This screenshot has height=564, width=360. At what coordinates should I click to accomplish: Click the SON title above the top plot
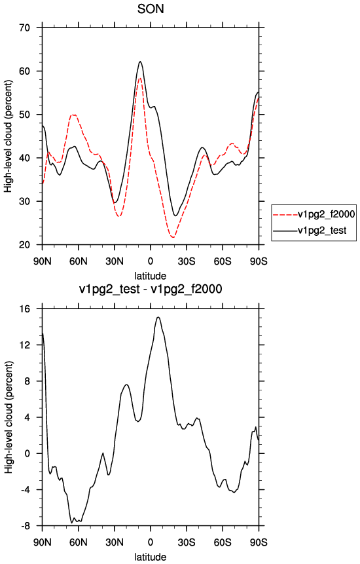click(151, 9)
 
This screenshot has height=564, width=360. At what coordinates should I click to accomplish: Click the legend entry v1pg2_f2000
click(326, 214)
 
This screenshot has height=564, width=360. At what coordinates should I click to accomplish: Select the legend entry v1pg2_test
click(321, 230)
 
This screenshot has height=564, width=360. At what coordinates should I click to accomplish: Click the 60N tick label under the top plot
click(79, 261)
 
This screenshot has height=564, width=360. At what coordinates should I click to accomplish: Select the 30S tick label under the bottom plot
click(187, 542)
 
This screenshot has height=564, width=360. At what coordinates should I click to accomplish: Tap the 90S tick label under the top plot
click(259, 261)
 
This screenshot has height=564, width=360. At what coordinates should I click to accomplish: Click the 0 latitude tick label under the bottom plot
click(151, 542)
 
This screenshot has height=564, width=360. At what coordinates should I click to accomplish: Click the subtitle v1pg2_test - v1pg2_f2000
click(151, 289)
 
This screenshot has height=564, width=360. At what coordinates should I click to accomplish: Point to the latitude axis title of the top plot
click(151, 276)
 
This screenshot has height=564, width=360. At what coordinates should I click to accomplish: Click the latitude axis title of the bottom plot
click(151, 557)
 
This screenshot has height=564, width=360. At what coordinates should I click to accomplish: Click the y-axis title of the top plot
click(8, 136)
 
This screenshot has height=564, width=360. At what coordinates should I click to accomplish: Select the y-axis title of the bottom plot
click(8, 417)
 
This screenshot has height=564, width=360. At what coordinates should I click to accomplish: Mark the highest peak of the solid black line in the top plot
click(141, 62)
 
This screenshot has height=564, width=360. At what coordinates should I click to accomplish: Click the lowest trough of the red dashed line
click(173, 237)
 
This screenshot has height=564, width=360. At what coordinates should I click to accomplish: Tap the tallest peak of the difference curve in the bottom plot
click(158, 317)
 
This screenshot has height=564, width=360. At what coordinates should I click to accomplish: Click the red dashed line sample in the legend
click(285, 215)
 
